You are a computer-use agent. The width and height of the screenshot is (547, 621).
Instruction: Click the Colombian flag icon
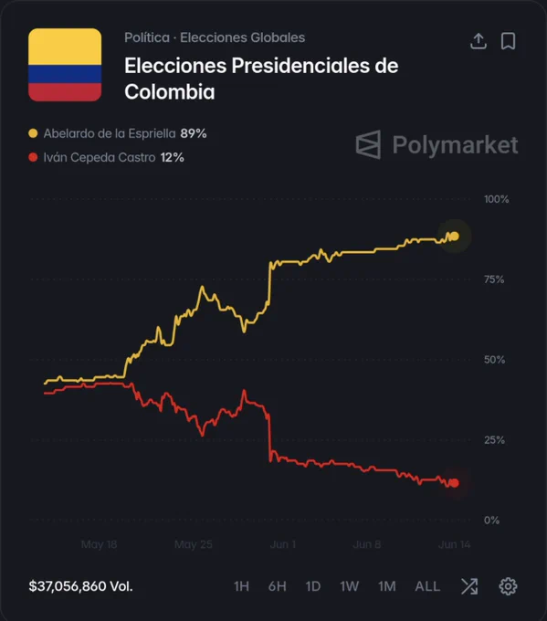[65, 65]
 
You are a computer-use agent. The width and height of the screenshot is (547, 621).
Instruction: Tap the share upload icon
[479, 41]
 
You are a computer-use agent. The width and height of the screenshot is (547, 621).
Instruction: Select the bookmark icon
[508, 41]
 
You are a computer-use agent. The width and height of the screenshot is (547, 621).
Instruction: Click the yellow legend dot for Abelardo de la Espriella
[33, 133]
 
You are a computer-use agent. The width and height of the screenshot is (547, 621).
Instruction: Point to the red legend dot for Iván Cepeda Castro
[33, 157]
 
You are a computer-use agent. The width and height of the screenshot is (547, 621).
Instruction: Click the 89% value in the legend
[194, 133]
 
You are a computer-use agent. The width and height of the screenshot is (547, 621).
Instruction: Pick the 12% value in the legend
[173, 158]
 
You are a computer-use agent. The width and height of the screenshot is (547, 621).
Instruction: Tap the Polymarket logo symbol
[368, 144]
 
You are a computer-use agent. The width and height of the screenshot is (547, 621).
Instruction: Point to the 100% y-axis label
[496, 199]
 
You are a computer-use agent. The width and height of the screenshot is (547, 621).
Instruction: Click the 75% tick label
[494, 279]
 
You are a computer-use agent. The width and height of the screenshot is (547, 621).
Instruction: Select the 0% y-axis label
[491, 521]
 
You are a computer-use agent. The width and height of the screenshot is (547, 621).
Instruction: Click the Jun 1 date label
[283, 544]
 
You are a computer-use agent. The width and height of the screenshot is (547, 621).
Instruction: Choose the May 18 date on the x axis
[99, 544]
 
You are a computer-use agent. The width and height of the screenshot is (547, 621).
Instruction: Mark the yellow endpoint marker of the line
[455, 237]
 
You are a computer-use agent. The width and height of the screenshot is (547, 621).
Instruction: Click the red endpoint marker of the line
[455, 483]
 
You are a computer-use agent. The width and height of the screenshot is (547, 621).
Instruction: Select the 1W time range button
[350, 586]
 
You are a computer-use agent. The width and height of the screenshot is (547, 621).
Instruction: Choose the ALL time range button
[427, 586]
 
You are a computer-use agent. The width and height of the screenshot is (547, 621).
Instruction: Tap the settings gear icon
[508, 586]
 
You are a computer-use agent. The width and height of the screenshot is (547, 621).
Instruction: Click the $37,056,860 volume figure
[68, 586]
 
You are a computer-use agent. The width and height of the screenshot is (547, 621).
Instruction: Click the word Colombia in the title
[170, 92]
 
